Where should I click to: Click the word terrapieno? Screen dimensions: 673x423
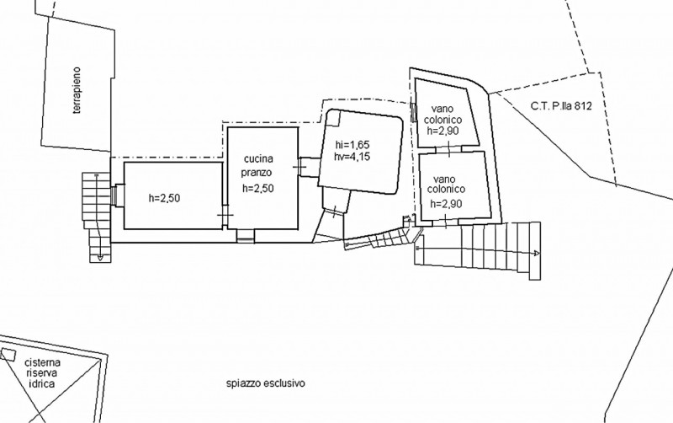pyautogui.click(x=77, y=90)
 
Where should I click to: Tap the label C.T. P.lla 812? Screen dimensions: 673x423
pyautogui.click(x=561, y=106)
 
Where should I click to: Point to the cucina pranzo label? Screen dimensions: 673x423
pyautogui.click(x=258, y=165)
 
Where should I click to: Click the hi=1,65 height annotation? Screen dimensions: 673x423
pyautogui.click(x=352, y=145)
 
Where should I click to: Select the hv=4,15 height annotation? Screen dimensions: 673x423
pyautogui.click(x=352, y=157)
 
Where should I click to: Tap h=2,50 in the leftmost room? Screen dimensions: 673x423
pyautogui.click(x=164, y=198)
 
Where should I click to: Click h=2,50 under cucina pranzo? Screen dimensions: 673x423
pyautogui.click(x=258, y=188)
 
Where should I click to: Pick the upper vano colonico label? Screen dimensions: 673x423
pyautogui.click(x=443, y=115)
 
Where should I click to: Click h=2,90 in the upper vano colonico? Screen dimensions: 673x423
pyautogui.click(x=443, y=130)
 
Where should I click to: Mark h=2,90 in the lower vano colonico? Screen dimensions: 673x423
pyautogui.click(x=446, y=204)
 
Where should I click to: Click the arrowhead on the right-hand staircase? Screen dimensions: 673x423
pyautogui.click(x=537, y=254)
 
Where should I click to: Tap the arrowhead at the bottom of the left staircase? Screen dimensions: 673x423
pyautogui.click(x=99, y=257)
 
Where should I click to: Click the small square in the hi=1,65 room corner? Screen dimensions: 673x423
pyautogui.click(x=332, y=118)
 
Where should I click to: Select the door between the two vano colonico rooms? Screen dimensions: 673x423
pyautogui.click(x=448, y=149)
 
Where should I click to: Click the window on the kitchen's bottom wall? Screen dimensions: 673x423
pyautogui.click(x=246, y=236)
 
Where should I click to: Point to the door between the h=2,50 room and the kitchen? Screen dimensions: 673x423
pyautogui.click(x=225, y=214)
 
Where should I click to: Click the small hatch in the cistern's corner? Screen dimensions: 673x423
pyautogui.click(x=8, y=354)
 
